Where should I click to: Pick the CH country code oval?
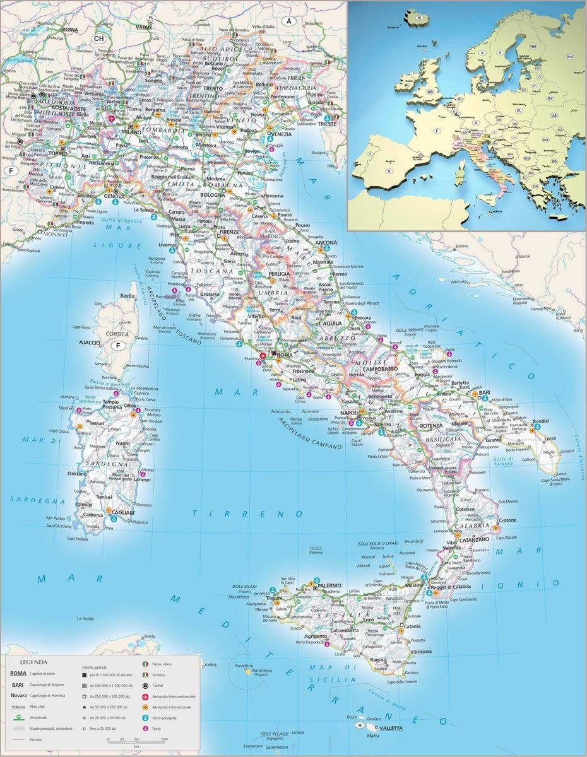pyautogui.click(x=99, y=38)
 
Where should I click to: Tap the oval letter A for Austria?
pyautogui.click(x=289, y=21)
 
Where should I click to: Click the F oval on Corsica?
pyautogui.click(x=117, y=345)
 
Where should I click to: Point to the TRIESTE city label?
pyautogui.click(x=328, y=124)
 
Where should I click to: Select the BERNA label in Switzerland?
pyautogui.click(x=69, y=29)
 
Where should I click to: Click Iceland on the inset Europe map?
pyautogui.click(x=417, y=18)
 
